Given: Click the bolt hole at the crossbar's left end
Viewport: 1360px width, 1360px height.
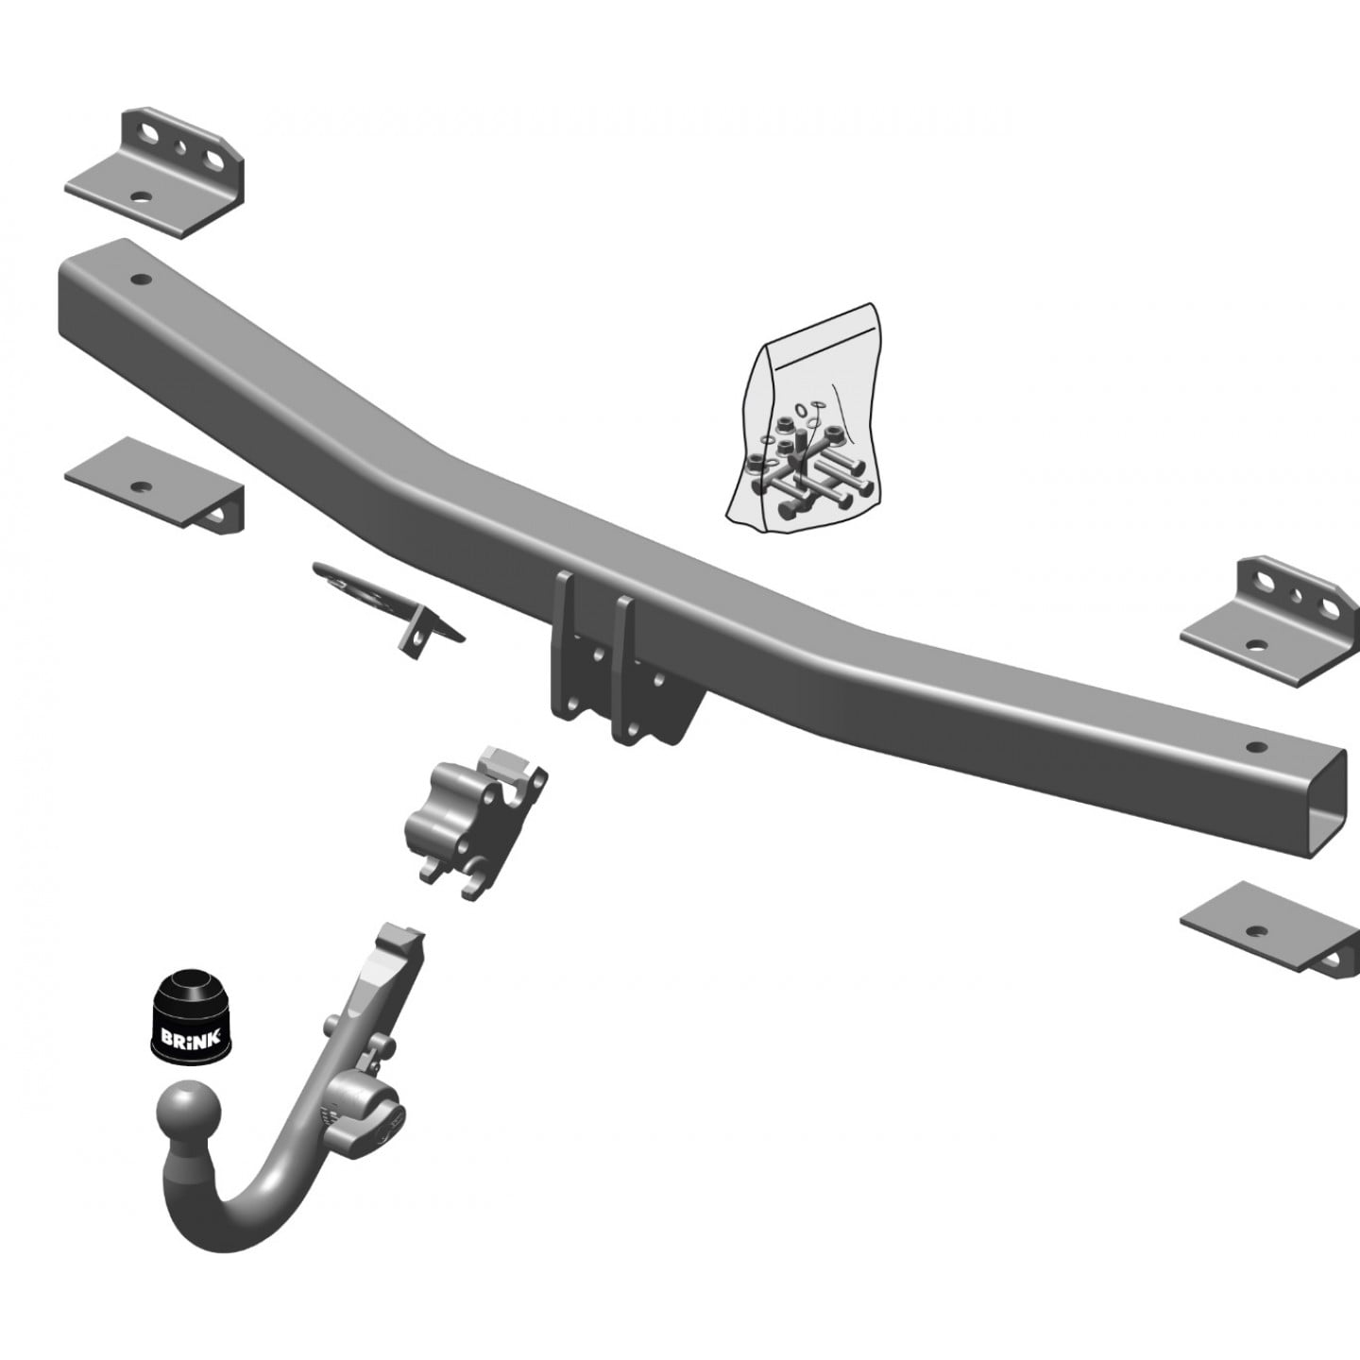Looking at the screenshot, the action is coord(141,280).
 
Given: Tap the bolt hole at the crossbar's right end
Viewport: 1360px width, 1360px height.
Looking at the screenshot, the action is coord(1254,747).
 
